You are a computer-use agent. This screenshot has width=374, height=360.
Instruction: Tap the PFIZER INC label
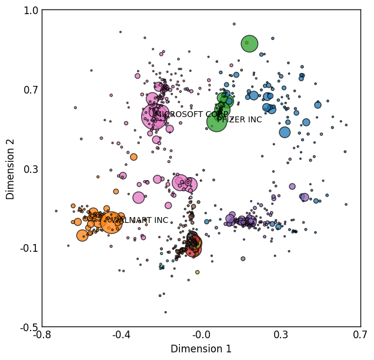click(x=239, y=119)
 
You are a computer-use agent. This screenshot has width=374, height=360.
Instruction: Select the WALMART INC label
click(x=140, y=220)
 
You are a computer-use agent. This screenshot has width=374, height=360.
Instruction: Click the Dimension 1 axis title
click(x=201, y=349)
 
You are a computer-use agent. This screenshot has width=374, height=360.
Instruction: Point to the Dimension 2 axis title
click(x=10, y=169)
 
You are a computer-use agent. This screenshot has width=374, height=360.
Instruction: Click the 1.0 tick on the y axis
click(x=31, y=11)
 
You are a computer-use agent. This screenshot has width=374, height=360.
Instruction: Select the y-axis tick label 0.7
click(x=31, y=90)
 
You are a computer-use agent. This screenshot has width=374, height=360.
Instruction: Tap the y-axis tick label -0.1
click(x=29, y=248)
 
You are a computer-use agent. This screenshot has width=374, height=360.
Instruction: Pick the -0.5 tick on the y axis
click(x=29, y=328)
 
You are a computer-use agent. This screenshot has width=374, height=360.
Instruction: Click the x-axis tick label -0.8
click(x=42, y=335)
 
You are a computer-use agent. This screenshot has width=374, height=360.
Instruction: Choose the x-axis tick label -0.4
click(x=122, y=335)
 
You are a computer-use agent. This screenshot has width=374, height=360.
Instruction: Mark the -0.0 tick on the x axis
click(x=201, y=335)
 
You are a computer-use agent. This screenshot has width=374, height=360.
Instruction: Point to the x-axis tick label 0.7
click(x=360, y=335)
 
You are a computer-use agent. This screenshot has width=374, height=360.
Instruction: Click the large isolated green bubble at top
click(x=249, y=44)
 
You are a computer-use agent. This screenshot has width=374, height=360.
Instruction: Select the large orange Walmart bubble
click(x=111, y=222)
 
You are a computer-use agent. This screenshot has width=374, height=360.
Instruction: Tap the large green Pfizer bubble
click(x=216, y=122)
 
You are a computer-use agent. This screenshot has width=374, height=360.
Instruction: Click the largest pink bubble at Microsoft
click(x=155, y=116)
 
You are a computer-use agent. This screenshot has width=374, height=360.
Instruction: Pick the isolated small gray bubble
click(x=243, y=259)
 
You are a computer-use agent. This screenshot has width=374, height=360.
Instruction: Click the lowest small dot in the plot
click(x=165, y=312)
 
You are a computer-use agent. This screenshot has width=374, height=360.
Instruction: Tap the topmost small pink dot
click(x=234, y=24)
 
